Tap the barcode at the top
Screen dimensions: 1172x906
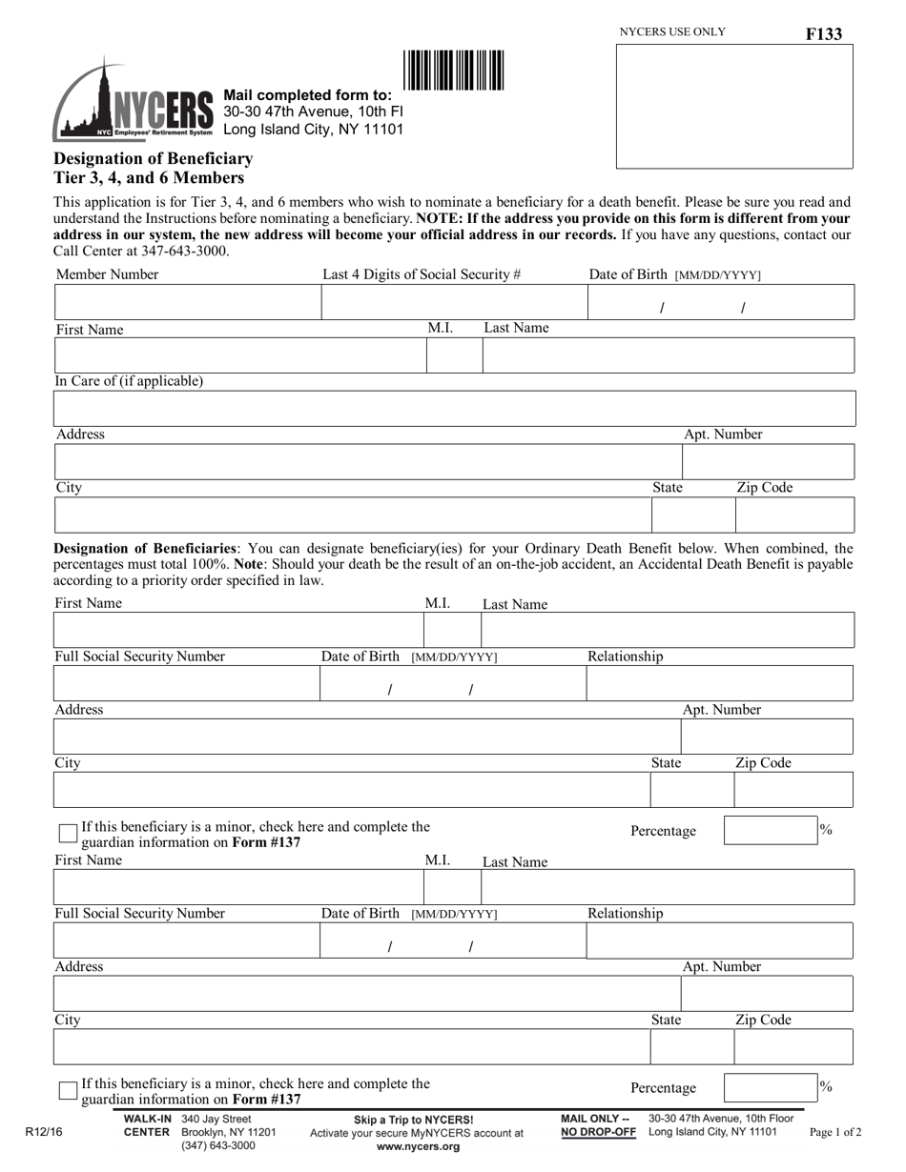454,71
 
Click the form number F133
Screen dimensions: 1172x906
823,34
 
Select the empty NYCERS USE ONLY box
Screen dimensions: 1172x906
734,106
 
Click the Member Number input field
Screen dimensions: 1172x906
188,302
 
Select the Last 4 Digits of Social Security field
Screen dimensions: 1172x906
454,302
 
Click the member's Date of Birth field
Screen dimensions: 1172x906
721,303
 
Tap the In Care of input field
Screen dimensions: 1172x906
455,408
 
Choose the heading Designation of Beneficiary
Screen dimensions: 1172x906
154,158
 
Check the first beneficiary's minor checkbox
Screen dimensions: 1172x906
68,833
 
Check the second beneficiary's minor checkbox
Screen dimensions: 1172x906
68,1089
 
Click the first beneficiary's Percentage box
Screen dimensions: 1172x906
769,830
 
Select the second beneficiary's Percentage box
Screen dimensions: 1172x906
769,1087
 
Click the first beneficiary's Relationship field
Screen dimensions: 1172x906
719,683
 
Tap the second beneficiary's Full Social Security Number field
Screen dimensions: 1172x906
186,940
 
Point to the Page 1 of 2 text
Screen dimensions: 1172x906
835,1133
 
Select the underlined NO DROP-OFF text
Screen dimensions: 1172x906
598,1132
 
